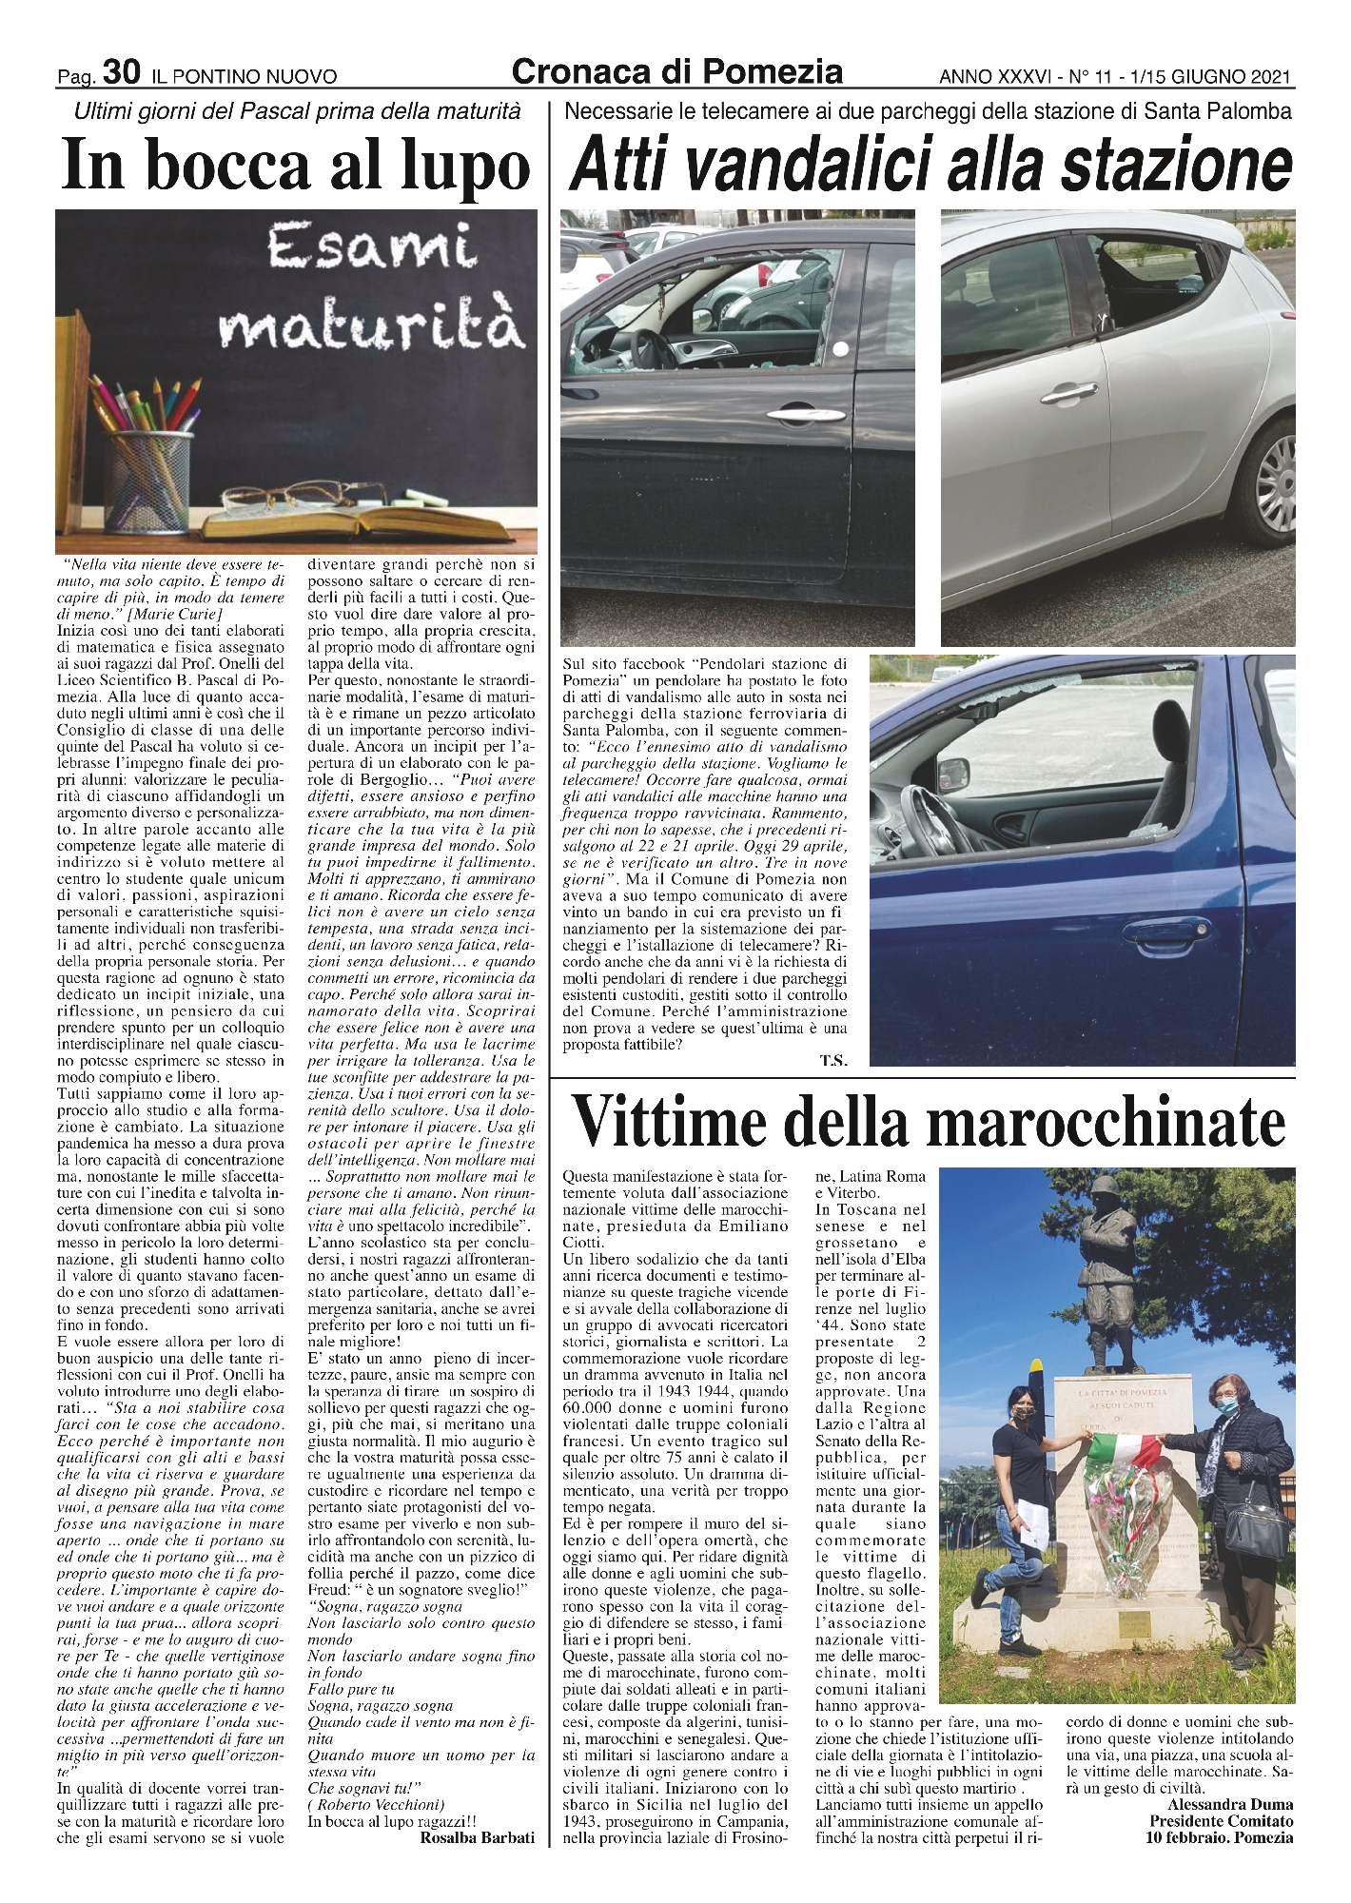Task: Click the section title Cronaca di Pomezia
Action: (x=676, y=70)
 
